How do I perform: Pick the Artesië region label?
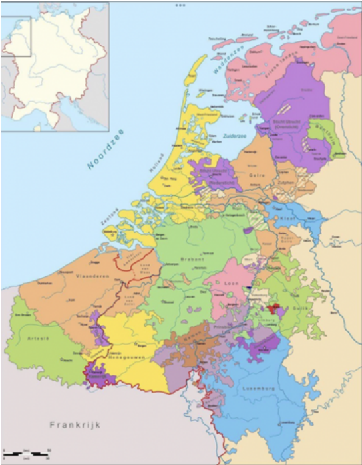click(34, 338)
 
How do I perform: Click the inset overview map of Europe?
click(55, 65)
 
